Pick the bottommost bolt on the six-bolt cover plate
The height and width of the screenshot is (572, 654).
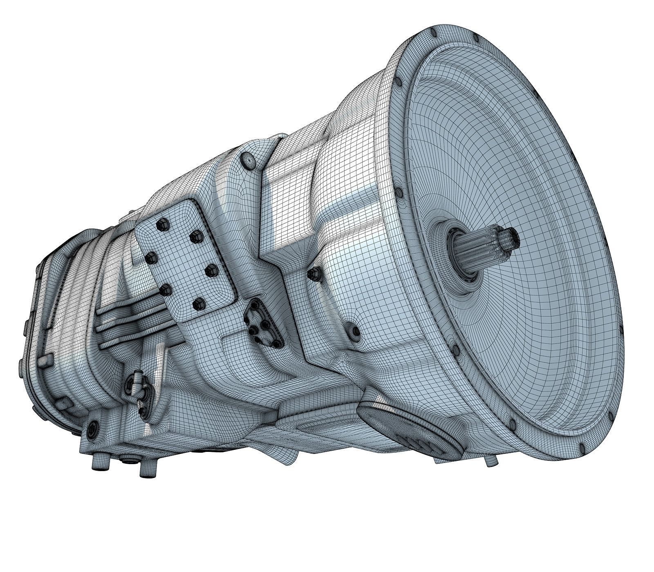[198, 303]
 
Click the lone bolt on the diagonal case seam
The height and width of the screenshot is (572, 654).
[314, 273]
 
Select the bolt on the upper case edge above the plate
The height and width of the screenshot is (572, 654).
[248, 160]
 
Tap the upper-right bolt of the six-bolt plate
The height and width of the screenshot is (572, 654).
[197, 235]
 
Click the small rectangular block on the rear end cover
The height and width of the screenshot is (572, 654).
[44, 362]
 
